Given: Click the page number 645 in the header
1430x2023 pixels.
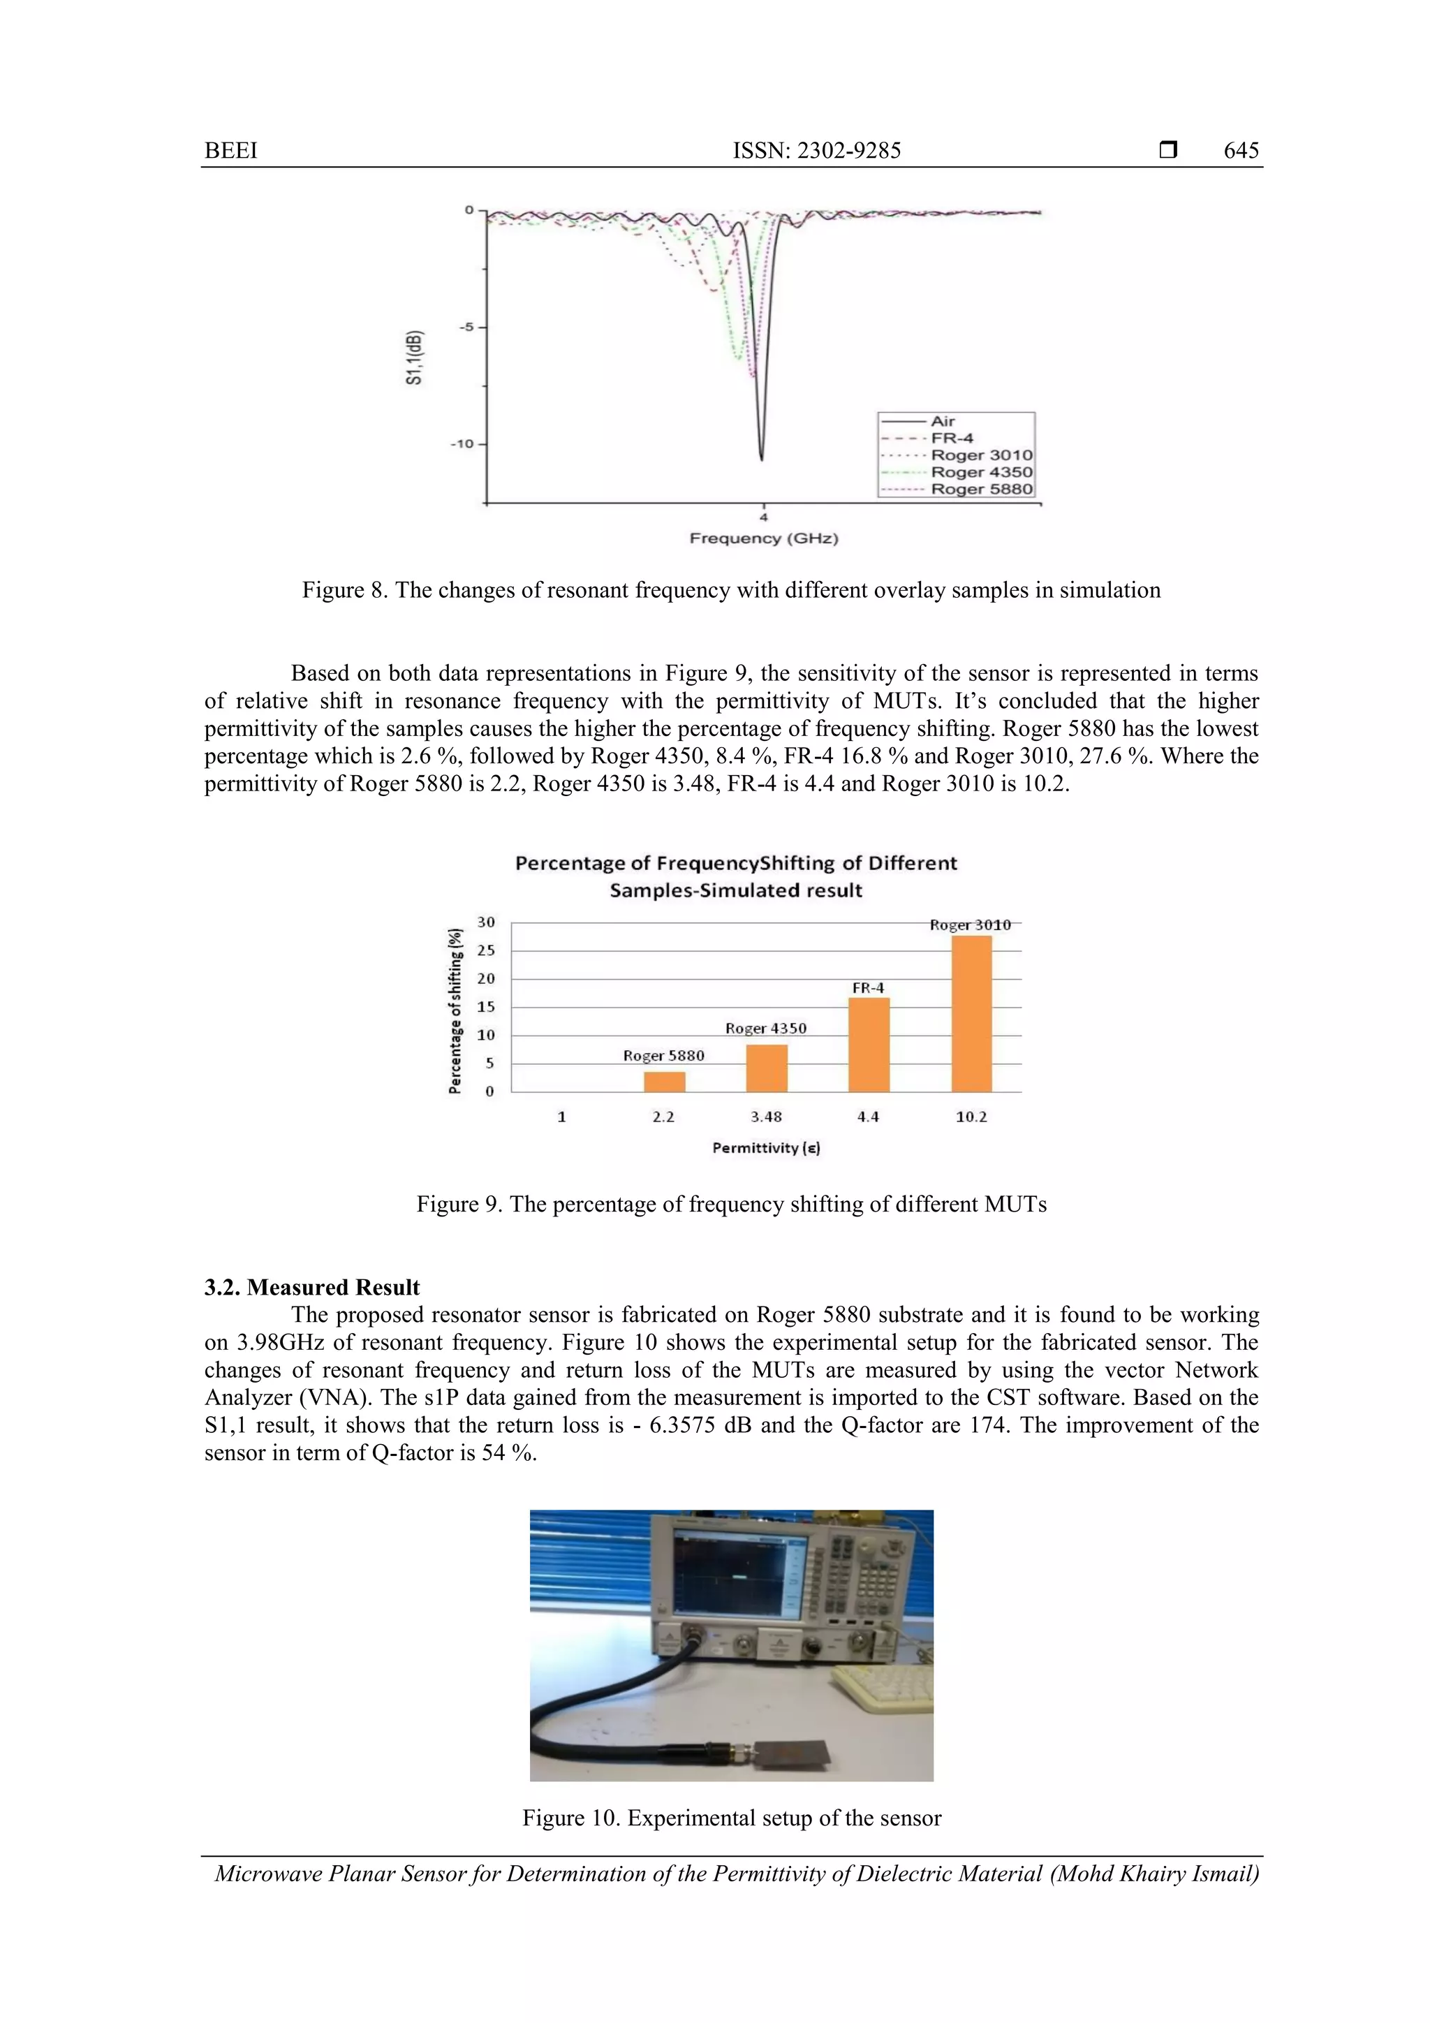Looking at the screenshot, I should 1241,151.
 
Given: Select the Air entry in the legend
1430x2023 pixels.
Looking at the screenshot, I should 942,421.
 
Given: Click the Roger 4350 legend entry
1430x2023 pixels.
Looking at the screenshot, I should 980,472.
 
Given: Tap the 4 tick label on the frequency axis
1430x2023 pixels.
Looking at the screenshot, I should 763,517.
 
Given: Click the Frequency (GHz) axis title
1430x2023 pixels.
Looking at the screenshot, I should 763,538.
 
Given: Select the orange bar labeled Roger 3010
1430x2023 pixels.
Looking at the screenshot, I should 971,1013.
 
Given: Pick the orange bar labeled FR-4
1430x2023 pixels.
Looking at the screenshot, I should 868,1044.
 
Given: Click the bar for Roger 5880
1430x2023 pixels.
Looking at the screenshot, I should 663,1081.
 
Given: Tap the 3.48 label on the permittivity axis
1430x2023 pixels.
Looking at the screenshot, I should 766,1117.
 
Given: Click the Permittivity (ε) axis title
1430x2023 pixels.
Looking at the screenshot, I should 766,1148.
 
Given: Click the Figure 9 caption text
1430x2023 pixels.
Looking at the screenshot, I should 731,1205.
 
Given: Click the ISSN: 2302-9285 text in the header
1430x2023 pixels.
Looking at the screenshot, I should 817,151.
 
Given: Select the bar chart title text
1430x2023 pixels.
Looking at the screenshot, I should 736,876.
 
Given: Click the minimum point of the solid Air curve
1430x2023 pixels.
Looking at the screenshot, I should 761,458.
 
